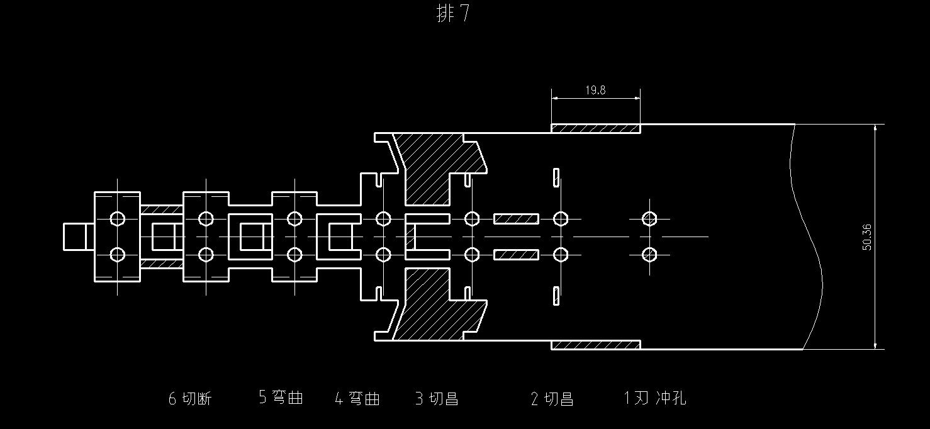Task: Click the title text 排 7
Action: [453, 14]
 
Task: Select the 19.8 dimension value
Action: [595, 90]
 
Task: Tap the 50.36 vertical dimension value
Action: [866, 237]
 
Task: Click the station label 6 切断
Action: [190, 399]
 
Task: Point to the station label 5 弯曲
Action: [281, 398]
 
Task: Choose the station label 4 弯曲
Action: [357, 399]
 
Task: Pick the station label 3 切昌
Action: [437, 399]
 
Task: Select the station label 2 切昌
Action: [552, 399]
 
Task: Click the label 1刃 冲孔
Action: [654, 398]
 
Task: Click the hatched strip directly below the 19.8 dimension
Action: [596, 128]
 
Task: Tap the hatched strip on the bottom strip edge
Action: [596, 345]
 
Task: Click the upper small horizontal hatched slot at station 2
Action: [516, 219]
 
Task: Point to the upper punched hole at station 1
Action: [649, 219]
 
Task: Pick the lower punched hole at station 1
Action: [649, 255]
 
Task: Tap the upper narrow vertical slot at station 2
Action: [556, 177]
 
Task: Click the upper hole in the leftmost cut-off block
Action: [117, 219]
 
